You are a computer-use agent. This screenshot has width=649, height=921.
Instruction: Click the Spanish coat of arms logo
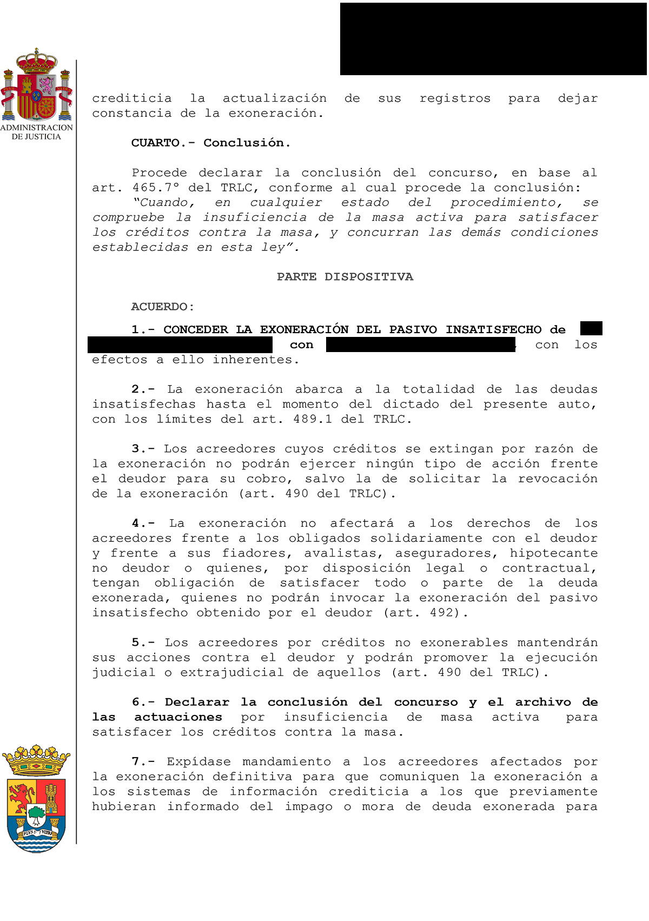coord(36,85)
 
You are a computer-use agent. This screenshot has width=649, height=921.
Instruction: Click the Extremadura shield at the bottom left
coord(36,799)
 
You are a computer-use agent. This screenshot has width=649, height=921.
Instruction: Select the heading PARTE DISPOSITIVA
coord(345,277)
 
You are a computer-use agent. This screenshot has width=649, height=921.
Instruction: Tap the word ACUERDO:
coord(162,307)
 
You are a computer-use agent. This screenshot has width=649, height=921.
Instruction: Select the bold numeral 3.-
coord(143,449)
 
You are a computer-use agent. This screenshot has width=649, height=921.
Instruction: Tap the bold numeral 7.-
coord(143,762)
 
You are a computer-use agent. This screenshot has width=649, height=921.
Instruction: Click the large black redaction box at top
coord(493,39)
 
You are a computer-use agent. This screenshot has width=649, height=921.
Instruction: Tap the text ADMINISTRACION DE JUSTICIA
coord(36,132)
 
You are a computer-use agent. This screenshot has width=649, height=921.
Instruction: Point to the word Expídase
coord(195,762)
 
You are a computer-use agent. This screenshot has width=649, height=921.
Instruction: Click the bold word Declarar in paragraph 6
coord(197,702)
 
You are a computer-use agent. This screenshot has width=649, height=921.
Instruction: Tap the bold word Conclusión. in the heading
coord(247,143)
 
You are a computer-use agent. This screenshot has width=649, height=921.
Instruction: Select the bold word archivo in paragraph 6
coord(542,702)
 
